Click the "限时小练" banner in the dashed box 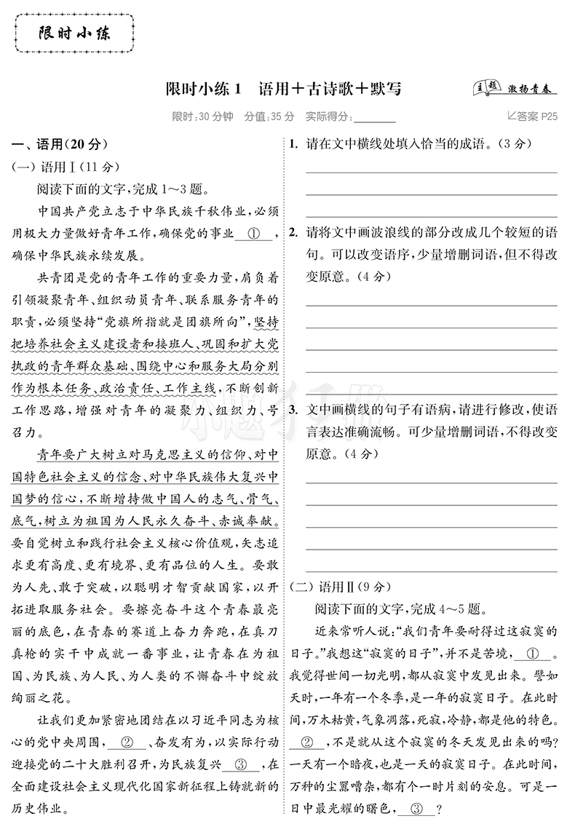coord(74,33)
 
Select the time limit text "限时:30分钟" coord(202,116)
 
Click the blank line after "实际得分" coord(374,116)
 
